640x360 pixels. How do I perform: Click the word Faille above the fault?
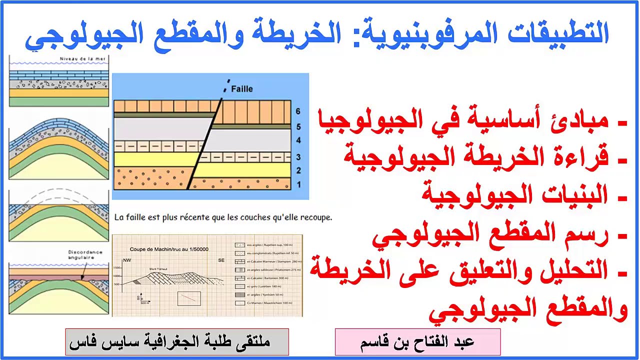tap(242, 89)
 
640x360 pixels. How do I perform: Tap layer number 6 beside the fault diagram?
tap(298, 112)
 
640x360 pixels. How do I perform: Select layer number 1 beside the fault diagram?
tap(298, 184)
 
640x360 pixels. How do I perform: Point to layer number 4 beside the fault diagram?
tap(298, 141)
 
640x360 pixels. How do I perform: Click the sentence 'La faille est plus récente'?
tap(223, 218)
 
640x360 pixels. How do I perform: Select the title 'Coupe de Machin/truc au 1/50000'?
tap(169, 249)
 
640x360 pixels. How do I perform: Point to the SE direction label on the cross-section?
tap(221, 261)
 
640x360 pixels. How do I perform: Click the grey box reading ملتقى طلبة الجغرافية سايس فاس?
tap(177, 342)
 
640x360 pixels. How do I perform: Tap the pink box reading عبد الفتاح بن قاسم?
tap(417, 342)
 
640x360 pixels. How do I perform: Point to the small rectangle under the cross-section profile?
tap(188, 298)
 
